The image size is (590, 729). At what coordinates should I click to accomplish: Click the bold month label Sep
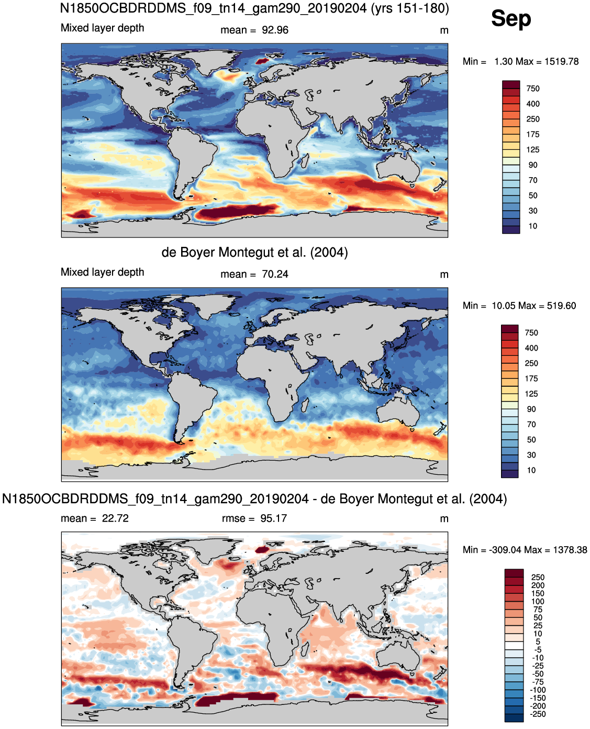click(x=511, y=18)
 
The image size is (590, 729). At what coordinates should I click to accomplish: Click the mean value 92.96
click(x=275, y=30)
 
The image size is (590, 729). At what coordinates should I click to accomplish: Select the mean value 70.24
click(x=275, y=274)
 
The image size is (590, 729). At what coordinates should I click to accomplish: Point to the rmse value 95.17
click(x=273, y=518)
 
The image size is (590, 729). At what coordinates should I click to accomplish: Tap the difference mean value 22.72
click(x=115, y=518)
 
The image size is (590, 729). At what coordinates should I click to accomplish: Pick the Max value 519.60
click(x=561, y=306)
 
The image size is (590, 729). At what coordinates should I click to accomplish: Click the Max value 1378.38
click(x=570, y=550)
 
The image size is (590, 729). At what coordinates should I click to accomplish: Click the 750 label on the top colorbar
click(x=532, y=89)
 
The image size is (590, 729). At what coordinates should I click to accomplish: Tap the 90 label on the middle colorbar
click(x=531, y=409)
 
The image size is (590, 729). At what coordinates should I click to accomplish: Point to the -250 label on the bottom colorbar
click(x=538, y=714)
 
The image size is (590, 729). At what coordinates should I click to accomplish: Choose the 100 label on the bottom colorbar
click(x=537, y=601)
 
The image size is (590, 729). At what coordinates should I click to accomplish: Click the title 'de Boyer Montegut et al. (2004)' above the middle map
click(x=254, y=253)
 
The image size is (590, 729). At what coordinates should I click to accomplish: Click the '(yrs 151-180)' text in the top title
click(x=410, y=8)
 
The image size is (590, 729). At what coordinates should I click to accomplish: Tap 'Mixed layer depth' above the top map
click(x=102, y=28)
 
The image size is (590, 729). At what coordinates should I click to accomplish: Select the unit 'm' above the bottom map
click(x=444, y=519)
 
